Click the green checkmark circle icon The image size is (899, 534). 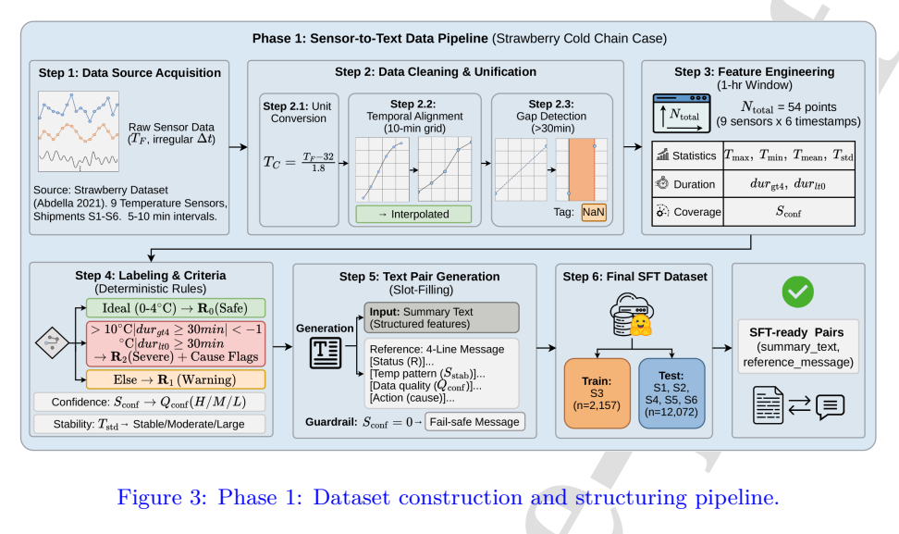(x=797, y=292)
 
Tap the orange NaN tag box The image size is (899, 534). (x=594, y=212)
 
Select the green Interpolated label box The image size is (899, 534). (x=413, y=214)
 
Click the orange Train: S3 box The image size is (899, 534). (x=597, y=393)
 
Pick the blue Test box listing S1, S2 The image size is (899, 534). (x=671, y=393)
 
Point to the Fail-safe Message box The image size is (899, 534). (x=474, y=422)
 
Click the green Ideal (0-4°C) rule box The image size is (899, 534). (x=176, y=308)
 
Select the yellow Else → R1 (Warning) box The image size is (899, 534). (x=176, y=379)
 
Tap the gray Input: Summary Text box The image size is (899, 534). (x=441, y=317)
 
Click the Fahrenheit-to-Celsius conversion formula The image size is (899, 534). (x=299, y=162)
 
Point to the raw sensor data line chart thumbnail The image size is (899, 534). (x=79, y=131)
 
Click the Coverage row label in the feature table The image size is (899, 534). (x=688, y=212)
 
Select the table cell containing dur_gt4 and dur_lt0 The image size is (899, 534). (x=789, y=184)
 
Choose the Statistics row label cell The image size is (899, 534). (x=688, y=155)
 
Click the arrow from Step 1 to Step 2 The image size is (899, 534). (x=238, y=147)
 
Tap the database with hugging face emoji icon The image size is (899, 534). (x=632, y=314)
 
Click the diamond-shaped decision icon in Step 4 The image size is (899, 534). (x=52, y=343)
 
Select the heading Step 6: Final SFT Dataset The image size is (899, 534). (x=634, y=277)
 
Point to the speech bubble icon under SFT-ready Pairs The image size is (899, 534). (x=831, y=406)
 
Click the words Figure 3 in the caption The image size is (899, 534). (x=162, y=497)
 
